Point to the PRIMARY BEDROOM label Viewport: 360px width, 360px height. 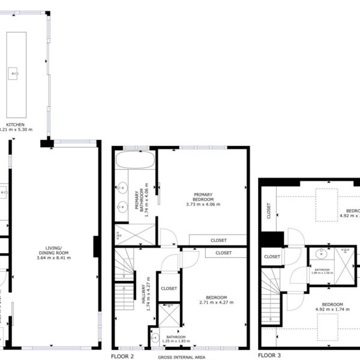(203, 197)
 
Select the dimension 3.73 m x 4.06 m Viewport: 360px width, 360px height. (203, 205)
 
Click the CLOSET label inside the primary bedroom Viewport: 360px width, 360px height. (218, 241)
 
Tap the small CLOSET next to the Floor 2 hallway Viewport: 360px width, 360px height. (169, 289)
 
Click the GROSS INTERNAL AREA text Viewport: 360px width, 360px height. (181, 357)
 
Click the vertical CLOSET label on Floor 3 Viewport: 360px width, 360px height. (268, 209)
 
